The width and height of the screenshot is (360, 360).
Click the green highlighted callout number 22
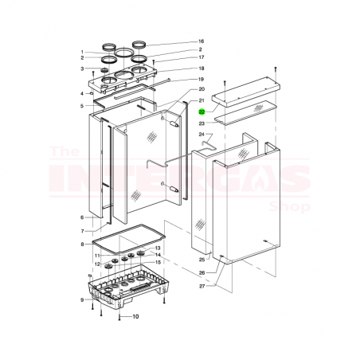coord(202,113)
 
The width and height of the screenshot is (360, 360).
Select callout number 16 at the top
coord(202,41)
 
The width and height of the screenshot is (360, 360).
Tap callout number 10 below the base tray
coord(135,317)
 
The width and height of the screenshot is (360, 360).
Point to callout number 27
coord(202,285)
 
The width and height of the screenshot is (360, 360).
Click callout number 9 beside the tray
coord(81,299)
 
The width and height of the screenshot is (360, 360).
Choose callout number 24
coord(202,135)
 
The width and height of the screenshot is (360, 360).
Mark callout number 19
coord(202,80)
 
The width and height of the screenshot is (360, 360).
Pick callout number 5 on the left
coord(81,106)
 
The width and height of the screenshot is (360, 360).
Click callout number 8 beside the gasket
coord(81,244)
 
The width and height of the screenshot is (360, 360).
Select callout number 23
coord(202,123)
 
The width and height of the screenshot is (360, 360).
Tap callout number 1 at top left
coord(81,52)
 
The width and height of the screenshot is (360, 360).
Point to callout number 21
coord(202,101)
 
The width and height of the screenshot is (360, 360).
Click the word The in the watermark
coord(64,151)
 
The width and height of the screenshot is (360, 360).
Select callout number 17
coord(202,58)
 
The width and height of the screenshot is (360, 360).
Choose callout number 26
coord(202,272)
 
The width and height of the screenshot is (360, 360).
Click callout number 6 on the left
coord(81,217)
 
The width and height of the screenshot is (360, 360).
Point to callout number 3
coord(81,68)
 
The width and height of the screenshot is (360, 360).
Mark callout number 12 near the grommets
coord(96,264)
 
